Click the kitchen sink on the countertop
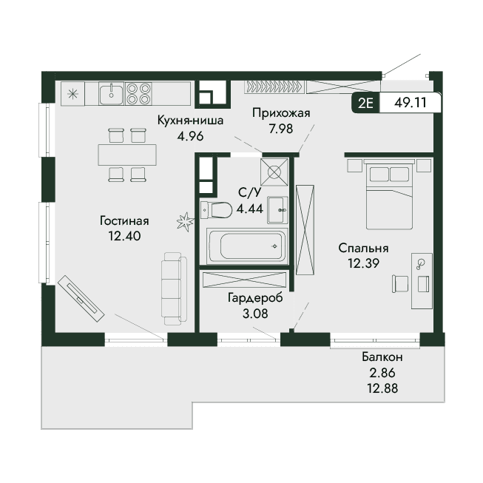point(111,93)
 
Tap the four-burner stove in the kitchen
point(138,93)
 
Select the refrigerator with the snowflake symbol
point(72,93)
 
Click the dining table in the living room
point(127,155)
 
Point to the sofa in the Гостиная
point(174,288)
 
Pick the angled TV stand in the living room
point(81,298)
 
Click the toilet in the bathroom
point(216,210)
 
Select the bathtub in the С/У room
point(247,246)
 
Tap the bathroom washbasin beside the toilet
point(277,210)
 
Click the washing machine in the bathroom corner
point(274,172)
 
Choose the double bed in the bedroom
point(389,194)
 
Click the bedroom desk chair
point(400,284)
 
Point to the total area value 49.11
point(411,103)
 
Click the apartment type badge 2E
point(365,103)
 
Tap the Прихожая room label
point(281,113)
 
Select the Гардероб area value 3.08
point(255,314)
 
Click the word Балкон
point(382,357)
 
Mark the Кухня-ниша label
point(190,120)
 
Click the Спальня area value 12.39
point(363,263)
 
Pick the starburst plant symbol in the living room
point(185,221)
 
